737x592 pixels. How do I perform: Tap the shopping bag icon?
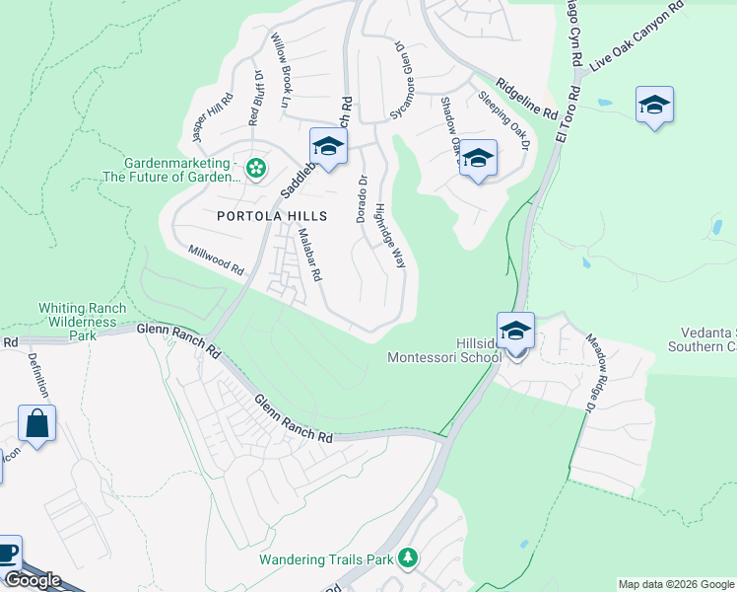coord(36,424)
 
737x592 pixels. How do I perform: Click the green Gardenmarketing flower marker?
coord(256,169)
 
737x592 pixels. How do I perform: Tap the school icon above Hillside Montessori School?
coord(515,332)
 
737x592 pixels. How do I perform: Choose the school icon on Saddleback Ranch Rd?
coord(328,148)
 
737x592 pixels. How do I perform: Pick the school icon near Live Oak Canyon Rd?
coord(654,106)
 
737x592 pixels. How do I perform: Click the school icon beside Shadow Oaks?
coord(478,159)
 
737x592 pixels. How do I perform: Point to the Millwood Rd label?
coord(216,260)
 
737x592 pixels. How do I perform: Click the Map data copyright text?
coord(676,584)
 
